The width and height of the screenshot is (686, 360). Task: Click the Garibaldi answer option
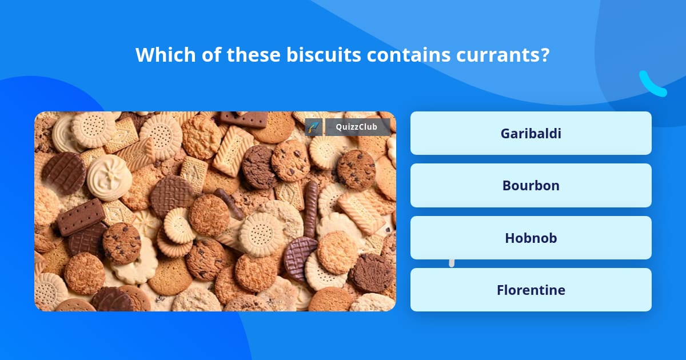click(531, 133)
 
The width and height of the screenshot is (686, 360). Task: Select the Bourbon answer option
click(531, 185)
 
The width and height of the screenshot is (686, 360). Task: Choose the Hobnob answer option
click(531, 238)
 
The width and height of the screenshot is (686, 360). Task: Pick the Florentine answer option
click(531, 290)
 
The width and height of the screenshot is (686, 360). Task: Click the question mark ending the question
click(545, 55)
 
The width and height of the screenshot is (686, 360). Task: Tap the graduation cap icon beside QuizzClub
click(314, 127)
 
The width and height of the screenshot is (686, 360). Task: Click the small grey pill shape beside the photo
click(452, 263)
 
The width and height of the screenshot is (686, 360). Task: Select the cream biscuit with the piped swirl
click(109, 176)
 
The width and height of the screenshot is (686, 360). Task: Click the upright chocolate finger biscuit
click(311, 209)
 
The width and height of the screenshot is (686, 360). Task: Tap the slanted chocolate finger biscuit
click(229, 203)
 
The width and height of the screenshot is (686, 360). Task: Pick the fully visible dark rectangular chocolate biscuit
click(81, 217)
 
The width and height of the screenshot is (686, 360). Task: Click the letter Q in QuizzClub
click(337, 127)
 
